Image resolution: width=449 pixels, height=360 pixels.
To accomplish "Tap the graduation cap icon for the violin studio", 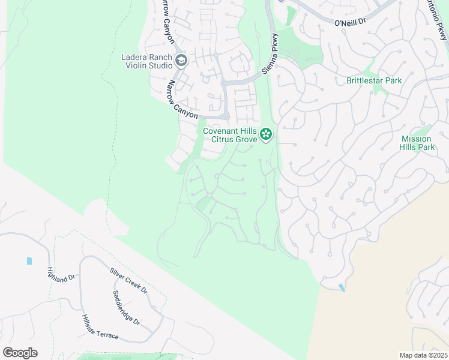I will point(181,61).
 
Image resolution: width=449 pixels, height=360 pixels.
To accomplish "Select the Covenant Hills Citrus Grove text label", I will point(229,135).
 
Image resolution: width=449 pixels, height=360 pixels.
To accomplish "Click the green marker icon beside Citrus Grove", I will point(266,135).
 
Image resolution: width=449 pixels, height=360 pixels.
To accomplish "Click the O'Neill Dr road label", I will point(350,22).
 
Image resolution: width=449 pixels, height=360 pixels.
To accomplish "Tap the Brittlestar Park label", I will point(374,80).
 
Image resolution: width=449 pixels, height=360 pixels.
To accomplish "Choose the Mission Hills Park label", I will point(417,143).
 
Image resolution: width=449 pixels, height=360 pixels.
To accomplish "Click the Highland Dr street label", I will point(61,277).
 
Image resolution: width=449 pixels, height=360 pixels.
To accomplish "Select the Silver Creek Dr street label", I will point(128,280).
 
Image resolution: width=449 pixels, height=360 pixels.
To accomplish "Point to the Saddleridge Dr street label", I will point(127,308).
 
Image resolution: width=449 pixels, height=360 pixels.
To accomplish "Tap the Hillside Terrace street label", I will point(100,328).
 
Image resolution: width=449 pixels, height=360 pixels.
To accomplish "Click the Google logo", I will point(20,353).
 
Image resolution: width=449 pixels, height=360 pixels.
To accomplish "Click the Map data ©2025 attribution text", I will point(423,355).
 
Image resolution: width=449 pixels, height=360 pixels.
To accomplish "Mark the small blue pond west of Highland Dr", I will point(29,261).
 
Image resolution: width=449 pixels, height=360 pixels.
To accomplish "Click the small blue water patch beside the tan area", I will point(342,288).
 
